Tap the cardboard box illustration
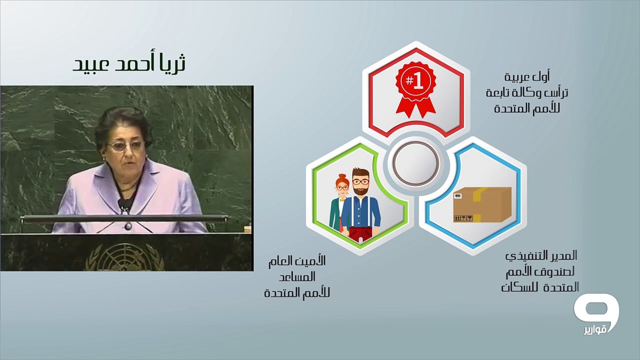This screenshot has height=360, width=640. click(x=482, y=204)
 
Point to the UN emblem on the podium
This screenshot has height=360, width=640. click(x=125, y=257)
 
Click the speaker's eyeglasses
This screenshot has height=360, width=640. click(x=125, y=146)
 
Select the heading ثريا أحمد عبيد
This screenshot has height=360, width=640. click(x=129, y=63)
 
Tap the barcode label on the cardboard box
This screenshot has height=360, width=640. click(x=458, y=196)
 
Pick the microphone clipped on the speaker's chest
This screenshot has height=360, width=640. click(x=123, y=206)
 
